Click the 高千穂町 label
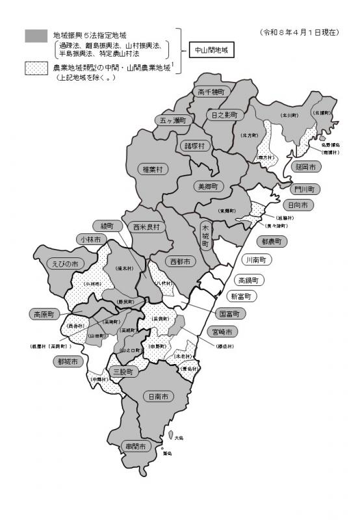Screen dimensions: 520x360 [210, 92]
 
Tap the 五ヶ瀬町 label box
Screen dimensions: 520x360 [174, 120]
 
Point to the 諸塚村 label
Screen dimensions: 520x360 [194, 145]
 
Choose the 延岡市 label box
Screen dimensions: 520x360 [304, 167]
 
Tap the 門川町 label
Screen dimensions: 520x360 [303, 189]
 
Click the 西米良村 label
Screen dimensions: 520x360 [146, 227]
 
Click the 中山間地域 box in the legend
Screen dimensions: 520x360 [209, 49]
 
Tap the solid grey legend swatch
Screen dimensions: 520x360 [36, 36]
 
